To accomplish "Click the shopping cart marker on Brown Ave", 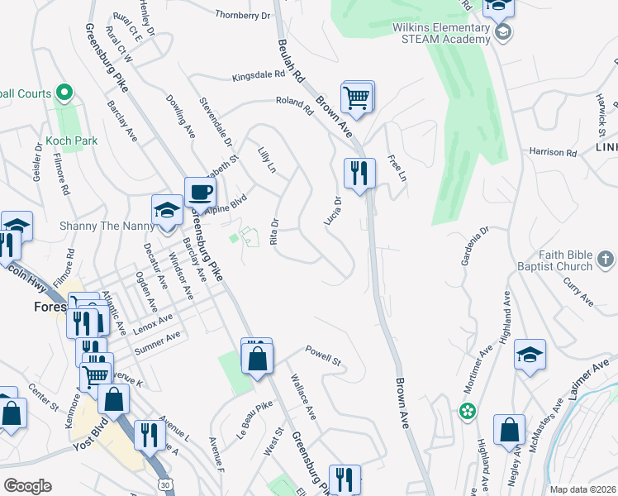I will click(357, 98).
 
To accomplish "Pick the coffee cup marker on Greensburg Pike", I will click(200, 193).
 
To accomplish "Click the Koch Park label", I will click(72, 141).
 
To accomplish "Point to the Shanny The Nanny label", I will click(107, 226).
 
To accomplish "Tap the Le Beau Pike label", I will click(254, 418).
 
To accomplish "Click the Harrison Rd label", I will click(553, 152).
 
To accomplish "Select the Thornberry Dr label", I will click(243, 15).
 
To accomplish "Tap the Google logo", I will click(27, 485).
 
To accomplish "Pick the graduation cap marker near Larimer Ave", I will click(530, 355).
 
